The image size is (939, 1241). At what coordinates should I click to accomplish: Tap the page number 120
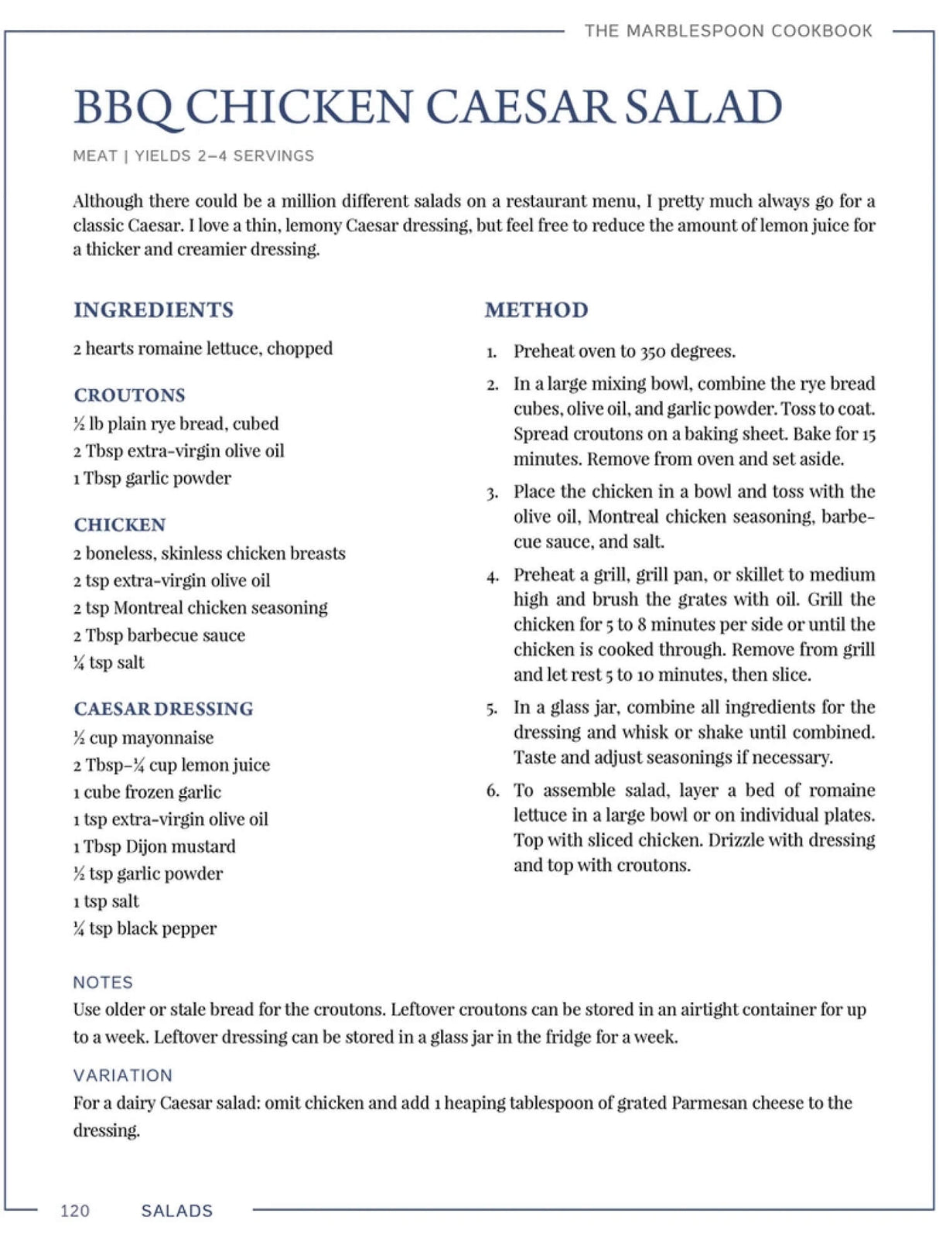pyautogui.click(x=75, y=1211)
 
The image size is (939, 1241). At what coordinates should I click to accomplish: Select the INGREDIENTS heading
pyautogui.click(x=153, y=310)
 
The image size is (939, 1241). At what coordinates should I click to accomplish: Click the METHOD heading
pyautogui.click(x=536, y=310)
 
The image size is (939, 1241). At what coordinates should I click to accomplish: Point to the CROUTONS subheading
pyautogui.click(x=129, y=395)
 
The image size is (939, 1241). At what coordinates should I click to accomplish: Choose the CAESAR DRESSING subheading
pyautogui.click(x=163, y=709)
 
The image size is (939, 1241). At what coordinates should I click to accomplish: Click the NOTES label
pyautogui.click(x=103, y=983)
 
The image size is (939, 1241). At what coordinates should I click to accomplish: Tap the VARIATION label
pyautogui.click(x=122, y=1075)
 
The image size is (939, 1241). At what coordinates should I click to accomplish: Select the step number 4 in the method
pyautogui.click(x=492, y=576)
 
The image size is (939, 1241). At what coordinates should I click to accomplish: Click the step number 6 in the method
pyautogui.click(x=492, y=791)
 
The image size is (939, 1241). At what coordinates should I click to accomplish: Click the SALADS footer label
pyautogui.click(x=176, y=1211)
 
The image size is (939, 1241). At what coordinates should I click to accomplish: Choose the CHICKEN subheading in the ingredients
pyautogui.click(x=119, y=525)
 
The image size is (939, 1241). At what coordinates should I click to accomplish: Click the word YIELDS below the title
pyautogui.click(x=162, y=156)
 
